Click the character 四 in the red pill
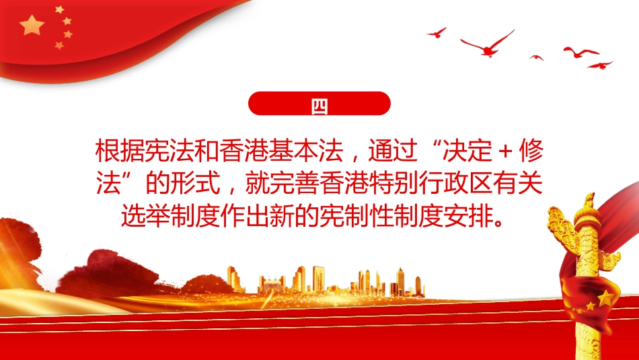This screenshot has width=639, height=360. [x=319, y=104]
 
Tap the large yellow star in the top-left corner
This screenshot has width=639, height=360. [x=32, y=26]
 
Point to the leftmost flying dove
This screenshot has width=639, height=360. [x=437, y=32]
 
